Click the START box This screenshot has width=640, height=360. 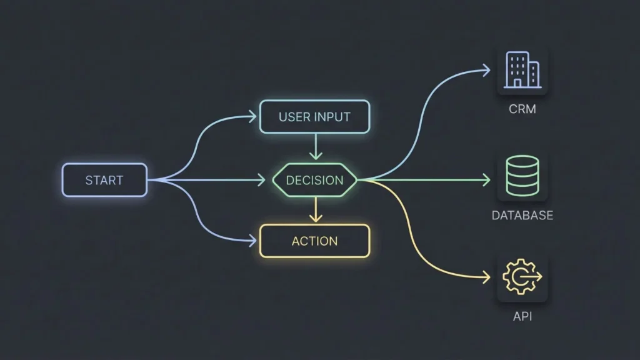click(x=104, y=180)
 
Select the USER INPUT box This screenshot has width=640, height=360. click(x=314, y=117)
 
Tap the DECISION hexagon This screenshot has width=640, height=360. click(x=314, y=180)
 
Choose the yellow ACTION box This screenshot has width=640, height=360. click(x=314, y=241)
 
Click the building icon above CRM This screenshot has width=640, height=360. click(x=522, y=69)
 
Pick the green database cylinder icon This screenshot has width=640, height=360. click(x=522, y=176)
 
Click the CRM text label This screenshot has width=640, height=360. click(x=522, y=109)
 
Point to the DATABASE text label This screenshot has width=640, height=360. click(x=522, y=216)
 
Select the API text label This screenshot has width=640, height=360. click(x=522, y=316)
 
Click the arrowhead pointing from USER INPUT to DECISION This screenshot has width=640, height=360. click(x=316, y=156)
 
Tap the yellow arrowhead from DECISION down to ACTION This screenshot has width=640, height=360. click(x=316, y=218)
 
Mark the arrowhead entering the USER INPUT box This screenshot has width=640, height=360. click(x=253, y=116)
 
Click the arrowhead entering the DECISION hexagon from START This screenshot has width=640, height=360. click(x=261, y=180)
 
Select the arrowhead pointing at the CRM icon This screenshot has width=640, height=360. click(x=486, y=70)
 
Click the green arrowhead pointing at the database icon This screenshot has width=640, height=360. click(x=486, y=180)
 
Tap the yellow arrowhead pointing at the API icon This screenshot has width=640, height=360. click(x=486, y=277)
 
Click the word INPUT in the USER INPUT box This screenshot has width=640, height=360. click(x=332, y=117)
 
